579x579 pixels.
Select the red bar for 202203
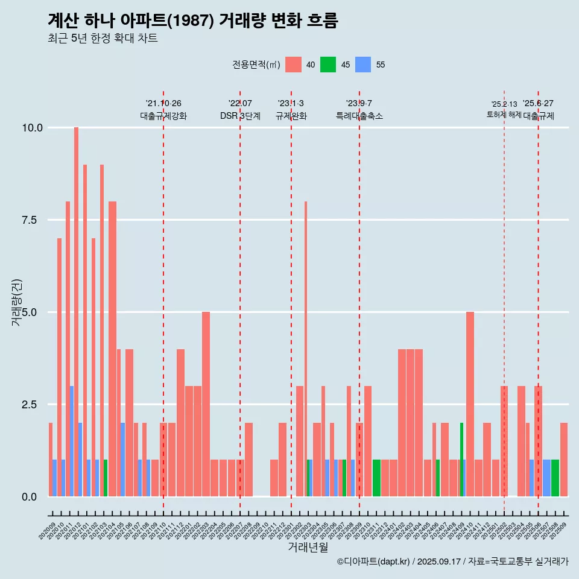click(206, 404)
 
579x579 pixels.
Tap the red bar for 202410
click(470, 404)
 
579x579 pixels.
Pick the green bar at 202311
click(376, 478)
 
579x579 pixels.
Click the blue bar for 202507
click(546, 478)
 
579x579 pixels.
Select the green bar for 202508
click(555, 478)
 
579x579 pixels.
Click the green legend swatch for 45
click(328, 65)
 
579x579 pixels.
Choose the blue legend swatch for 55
click(363, 65)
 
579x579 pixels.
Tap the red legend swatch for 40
click(293, 65)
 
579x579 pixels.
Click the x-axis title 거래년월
click(308, 548)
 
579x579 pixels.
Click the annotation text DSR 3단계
click(240, 116)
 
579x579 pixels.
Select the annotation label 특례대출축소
click(359, 116)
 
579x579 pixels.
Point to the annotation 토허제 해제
click(504, 115)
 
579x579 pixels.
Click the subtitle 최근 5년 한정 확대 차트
click(103, 39)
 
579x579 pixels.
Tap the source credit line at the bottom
click(452, 562)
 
